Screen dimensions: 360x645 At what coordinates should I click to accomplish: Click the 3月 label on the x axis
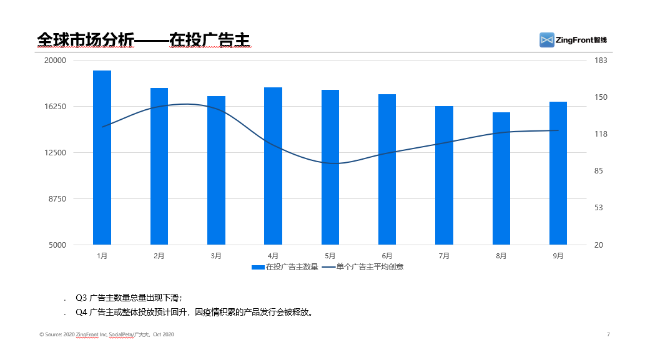coord(216,256)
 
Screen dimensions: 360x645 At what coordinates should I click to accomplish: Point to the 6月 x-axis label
coord(387,256)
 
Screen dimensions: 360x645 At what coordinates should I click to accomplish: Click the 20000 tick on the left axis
coord(56,61)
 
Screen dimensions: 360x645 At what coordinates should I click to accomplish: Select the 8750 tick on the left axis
coord(57,199)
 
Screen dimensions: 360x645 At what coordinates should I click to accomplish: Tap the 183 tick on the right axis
coord(601,61)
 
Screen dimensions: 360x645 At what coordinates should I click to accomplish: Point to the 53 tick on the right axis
coord(599,208)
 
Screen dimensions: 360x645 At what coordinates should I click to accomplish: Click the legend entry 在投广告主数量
coord(285,267)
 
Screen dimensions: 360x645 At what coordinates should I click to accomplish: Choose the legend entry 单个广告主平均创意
coord(363,267)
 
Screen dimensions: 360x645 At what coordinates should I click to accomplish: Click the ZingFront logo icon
coord(547,40)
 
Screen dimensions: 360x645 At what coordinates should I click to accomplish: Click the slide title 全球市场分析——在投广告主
coord(144,40)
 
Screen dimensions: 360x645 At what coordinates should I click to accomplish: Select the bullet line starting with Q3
coord(128,298)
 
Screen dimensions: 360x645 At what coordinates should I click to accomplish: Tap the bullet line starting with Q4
coord(194,312)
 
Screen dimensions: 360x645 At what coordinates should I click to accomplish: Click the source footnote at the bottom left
coord(107,334)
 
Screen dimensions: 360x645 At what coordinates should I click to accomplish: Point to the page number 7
coord(608,334)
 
